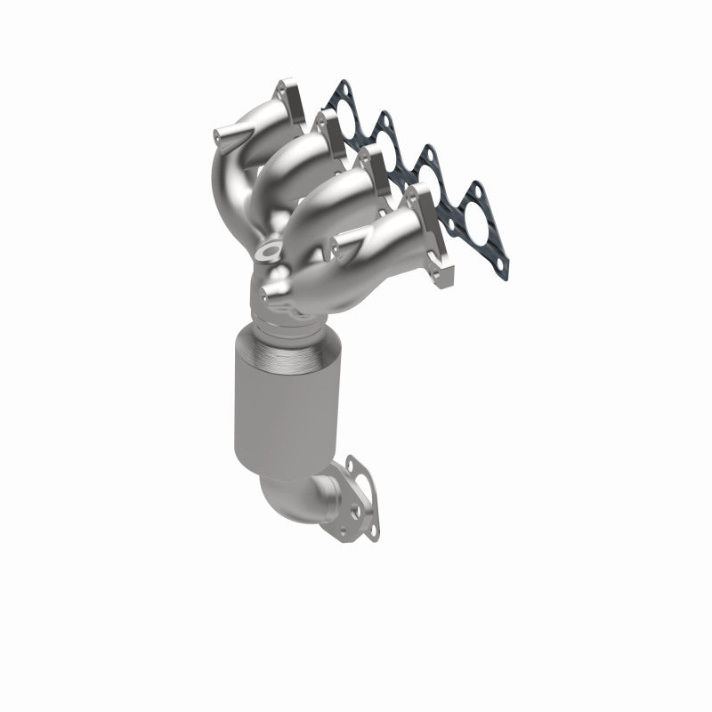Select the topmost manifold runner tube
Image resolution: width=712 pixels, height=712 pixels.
point(267,125)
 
